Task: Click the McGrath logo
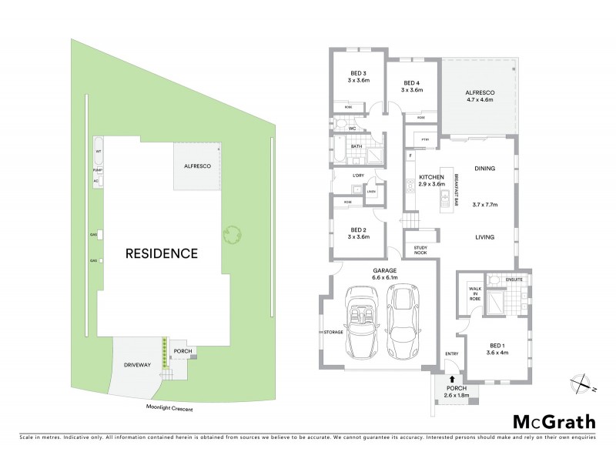coord(552,421)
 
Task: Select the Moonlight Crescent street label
coord(170,410)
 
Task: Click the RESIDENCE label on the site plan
coord(162,253)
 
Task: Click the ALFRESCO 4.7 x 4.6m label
coord(479,96)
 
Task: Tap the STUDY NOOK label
coord(420,250)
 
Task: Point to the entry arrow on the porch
coord(450,380)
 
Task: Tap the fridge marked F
coord(411,156)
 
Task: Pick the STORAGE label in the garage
coord(333,333)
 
